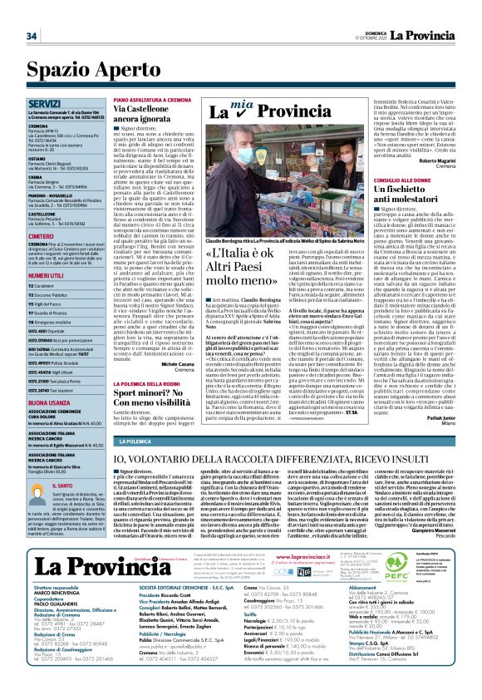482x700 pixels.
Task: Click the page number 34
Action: (x=32, y=36)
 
